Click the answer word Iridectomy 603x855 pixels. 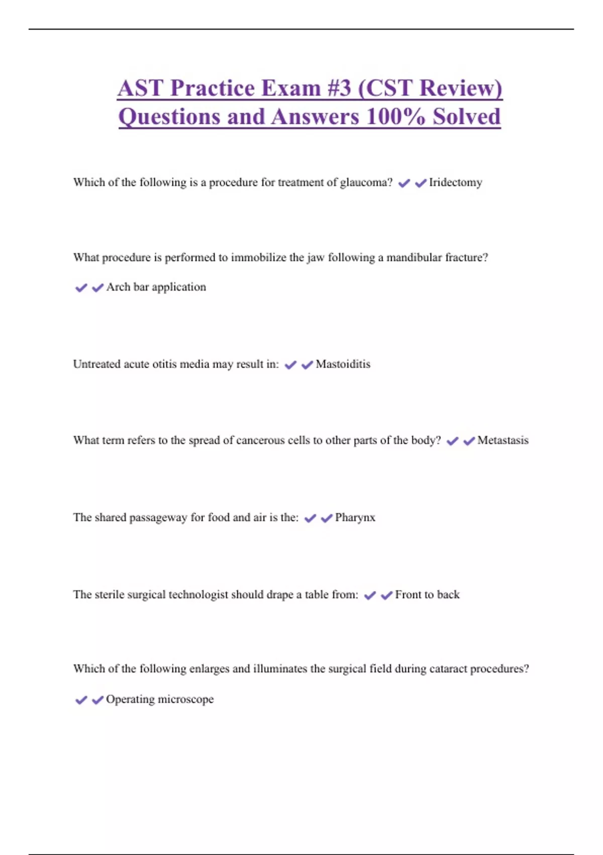click(x=455, y=182)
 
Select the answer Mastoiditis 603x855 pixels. click(x=343, y=364)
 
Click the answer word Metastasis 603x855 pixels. click(x=502, y=440)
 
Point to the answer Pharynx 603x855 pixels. click(x=355, y=518)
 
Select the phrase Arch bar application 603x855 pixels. click(x=156, y=287)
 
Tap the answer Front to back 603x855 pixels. click(x=427, y=594)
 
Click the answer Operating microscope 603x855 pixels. click(x=160, y=699)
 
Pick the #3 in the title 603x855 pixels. click(x=339, y=88)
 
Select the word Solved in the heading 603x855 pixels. click(x=467, y=117)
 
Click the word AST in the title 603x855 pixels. click(x=140, y=88)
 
